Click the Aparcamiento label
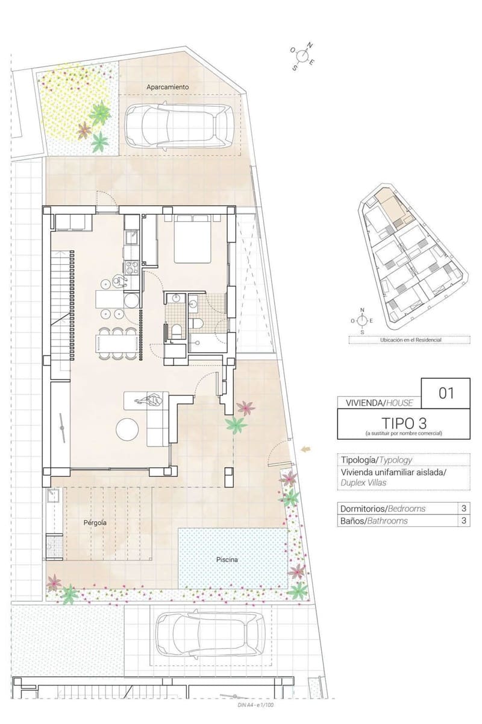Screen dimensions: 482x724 point(167,87)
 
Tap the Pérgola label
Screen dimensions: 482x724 point(95,522)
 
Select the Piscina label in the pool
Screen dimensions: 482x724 point(227,559)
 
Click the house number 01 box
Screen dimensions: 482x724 point(445,393)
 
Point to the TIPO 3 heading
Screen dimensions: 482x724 point(404,423)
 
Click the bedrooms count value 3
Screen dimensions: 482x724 point(464,509)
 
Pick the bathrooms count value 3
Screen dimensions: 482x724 point(464,521)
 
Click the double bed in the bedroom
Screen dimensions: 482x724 point(192,238)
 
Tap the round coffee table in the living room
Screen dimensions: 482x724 point(127,429)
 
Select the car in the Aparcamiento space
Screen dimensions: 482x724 point(179,126)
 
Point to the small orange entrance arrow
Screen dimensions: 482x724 point(305,449)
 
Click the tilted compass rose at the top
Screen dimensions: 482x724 point(302,56)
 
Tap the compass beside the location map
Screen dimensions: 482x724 point(362,320)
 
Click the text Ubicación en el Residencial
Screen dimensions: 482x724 point(410,340)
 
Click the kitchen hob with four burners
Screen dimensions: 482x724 point(131,267)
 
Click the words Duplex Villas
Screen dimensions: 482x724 point(363,483)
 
